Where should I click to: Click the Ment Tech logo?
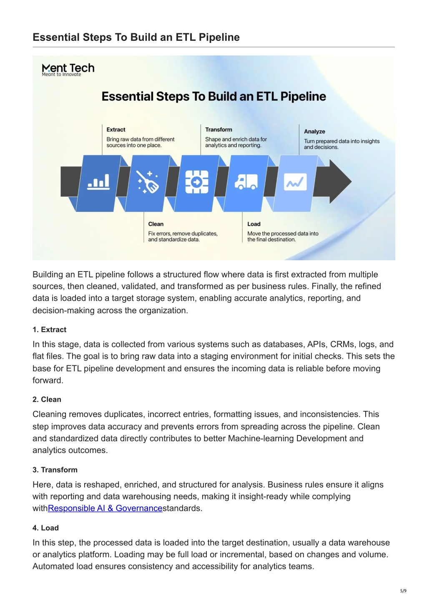point(68,69)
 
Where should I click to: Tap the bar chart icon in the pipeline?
point(98,182)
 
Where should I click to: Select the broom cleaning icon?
point(148,182)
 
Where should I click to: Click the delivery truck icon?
point(246,181)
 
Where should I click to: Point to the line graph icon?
point(295,182)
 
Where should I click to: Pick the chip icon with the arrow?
point(197,182)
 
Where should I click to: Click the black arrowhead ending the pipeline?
point(340,181)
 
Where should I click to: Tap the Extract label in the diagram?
point(116,130)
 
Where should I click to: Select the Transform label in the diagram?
point(219,130)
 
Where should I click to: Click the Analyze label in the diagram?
point(314,131)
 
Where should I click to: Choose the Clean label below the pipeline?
point(156,224)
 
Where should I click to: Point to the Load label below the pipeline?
point(254,224)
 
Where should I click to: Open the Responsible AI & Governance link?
point(105,508)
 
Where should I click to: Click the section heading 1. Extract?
point(50,330)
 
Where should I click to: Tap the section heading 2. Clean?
point(47,399)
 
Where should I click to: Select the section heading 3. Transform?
point(55,470)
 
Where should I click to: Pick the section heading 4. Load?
point(46,528)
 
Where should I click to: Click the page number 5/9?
point(403,591)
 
